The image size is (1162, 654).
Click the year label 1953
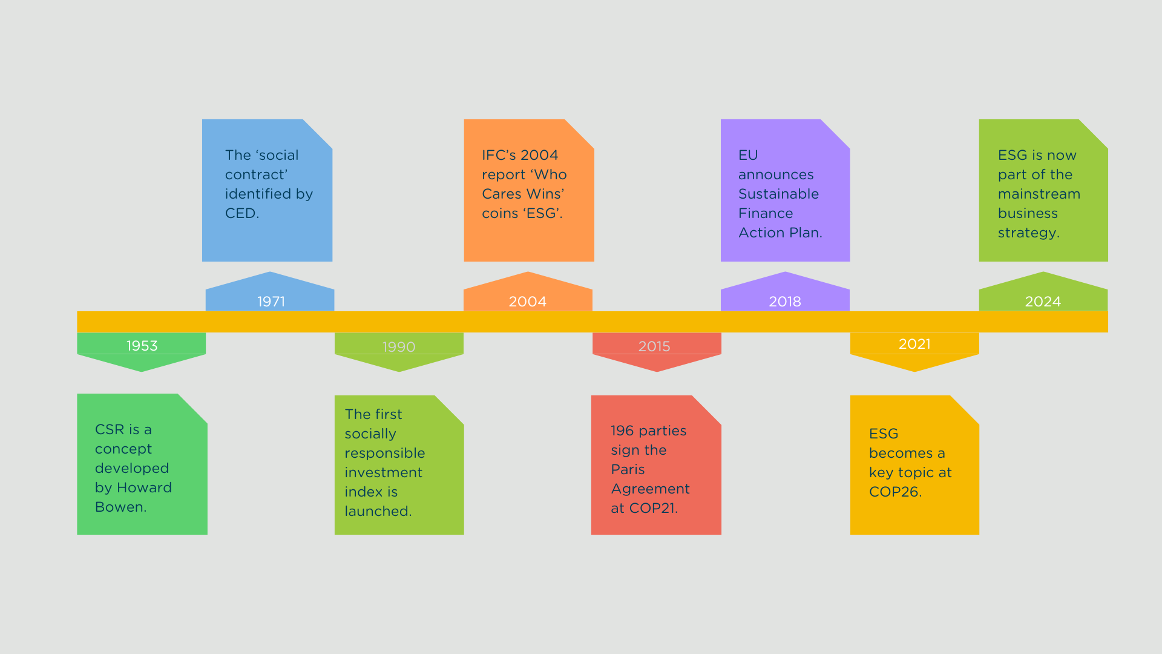(142, 346)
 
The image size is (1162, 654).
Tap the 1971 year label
(271, 302)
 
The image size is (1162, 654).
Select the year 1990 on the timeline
(399, 347)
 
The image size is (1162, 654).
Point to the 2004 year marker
(527, 302)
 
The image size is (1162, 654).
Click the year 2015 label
(654, 346)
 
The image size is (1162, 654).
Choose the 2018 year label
(785, 302)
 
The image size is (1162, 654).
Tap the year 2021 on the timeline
(914, 344)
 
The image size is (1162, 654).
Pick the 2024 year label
(1043, 302)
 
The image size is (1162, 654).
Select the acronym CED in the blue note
(240, 213)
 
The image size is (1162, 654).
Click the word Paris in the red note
(628, 469)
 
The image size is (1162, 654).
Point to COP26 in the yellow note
(894, 492)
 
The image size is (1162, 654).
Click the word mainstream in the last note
(1039, 194)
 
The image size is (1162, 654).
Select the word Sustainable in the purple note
(778, 194)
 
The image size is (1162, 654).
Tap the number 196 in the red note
(622, 431)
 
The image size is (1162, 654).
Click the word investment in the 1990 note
(383, 472)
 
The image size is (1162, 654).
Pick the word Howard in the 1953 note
(144, 487)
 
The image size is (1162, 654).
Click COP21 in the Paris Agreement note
(652, 508)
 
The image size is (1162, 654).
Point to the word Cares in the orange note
(501, 194)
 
